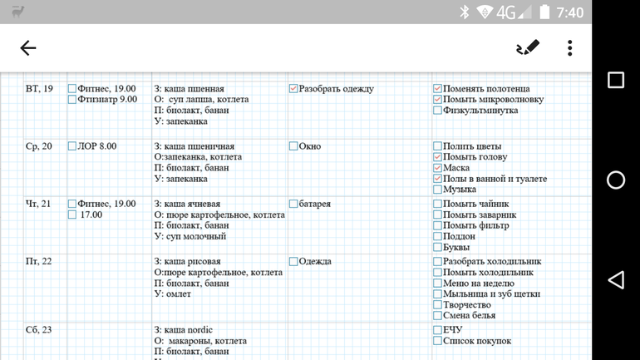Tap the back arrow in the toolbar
(x=28, y=48)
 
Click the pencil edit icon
(x=527, y=47)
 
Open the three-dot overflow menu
(x=569, y=47)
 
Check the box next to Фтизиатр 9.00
(x=72, y=100)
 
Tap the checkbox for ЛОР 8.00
(x=72, y=146)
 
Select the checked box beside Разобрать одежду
(x=293, y=89)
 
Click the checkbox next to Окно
(x=293, y=146)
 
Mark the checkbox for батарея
(x=293, y=204)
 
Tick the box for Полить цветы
(x=437, y=146)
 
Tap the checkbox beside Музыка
(x=437, y=190)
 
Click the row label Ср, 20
(x=39, y=146)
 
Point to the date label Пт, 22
(x=39, y=262)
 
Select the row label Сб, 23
(x=39, y=330)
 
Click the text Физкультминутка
(x=480, y=111)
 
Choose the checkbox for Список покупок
(x=437, y=341)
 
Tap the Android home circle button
(x=616, y=180)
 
